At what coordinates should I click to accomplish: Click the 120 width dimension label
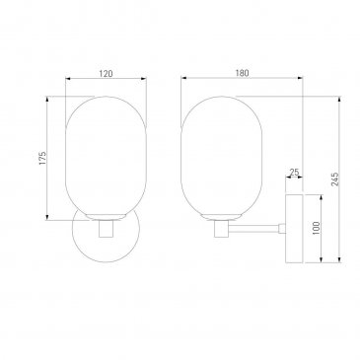coord(106,74)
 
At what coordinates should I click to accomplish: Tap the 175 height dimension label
coord(42,158)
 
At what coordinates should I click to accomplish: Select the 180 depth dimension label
coord(242,73)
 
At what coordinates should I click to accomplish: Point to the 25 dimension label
coord(294,172)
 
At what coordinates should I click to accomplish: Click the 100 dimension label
coord(316,228)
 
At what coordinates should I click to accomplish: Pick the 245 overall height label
coord(335,180)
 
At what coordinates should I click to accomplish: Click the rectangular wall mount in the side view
coord(294,229)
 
